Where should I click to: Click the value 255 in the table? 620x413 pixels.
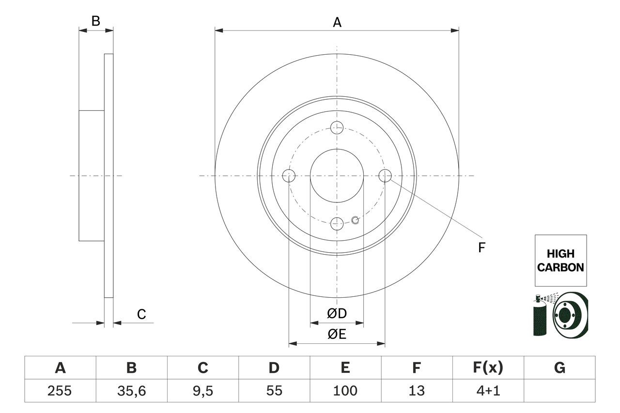tap(60, 391)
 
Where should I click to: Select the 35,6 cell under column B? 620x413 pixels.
tap(131, 391)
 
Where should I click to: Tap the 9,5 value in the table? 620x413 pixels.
tap(202, 391)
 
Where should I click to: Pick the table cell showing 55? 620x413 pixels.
tap(274, 391)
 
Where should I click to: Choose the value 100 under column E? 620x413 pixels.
tap(345, 391)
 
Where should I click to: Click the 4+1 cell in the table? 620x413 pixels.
tap(488, 391)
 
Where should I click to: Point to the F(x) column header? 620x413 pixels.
tap(488, 368)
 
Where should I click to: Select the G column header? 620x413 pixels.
tap(559, 368)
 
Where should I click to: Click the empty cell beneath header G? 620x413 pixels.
tap(559, 391)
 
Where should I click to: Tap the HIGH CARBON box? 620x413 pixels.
tap(560, 260)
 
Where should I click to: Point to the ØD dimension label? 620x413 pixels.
tap(337, 314)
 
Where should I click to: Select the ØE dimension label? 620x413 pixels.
tap(337, 334)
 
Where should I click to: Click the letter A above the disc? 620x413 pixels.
tap(337, 22)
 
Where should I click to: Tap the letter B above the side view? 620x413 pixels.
tap(96, 21)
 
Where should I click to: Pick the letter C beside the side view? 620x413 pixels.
tap(141, 315)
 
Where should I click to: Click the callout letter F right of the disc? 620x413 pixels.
tap(481, 248)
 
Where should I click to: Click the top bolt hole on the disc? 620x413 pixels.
tap(337, 128)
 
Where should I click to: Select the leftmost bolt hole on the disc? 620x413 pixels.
tap(289, 176)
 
